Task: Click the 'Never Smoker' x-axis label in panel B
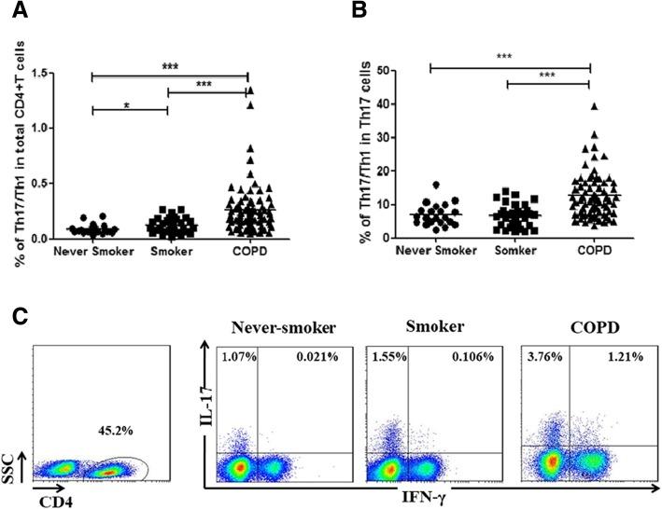pos(431,252)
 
